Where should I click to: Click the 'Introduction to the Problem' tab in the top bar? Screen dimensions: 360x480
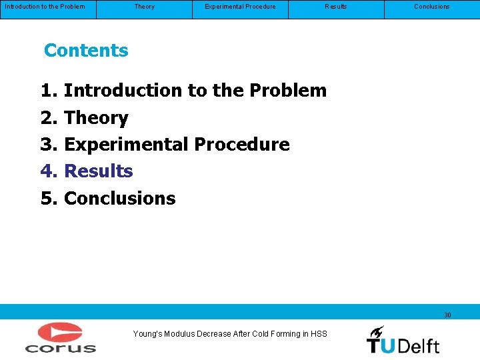click(x=45, y=7)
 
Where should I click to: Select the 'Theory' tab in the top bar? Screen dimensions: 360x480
click(x=144, y=7)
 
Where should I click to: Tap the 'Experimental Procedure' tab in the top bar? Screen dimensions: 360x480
click(x=240, y=7)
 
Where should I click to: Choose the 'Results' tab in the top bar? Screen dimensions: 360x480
click(x=335, y=7)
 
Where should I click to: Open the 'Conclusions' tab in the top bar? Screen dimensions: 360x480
click(x=431, y=7)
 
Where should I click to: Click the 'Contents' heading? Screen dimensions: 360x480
click(x=86, y=51)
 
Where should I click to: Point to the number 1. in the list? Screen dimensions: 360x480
click(x=49, y=91)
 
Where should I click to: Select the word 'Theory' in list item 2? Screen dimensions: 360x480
click(x=96, y=118)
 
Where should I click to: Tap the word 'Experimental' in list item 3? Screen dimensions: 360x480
click(x=127, y=145)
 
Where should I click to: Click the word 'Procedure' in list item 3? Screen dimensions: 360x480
click(x=242, y=145)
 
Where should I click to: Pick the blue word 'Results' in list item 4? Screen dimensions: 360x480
click(x=99, y=171)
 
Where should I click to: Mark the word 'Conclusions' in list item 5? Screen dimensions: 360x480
click(x=120, y=199)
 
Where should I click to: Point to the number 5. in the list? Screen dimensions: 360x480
click(x=49, y=199)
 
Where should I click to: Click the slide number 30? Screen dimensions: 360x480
click(x=447, y=315)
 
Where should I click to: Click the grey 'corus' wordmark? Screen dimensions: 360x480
click(x=61, y=347)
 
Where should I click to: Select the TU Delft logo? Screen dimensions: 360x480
click(x=403, y=340)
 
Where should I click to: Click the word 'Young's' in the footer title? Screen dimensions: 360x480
click(x=147, y=334)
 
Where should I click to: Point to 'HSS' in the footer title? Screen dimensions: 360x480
click(x=319, y=334)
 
